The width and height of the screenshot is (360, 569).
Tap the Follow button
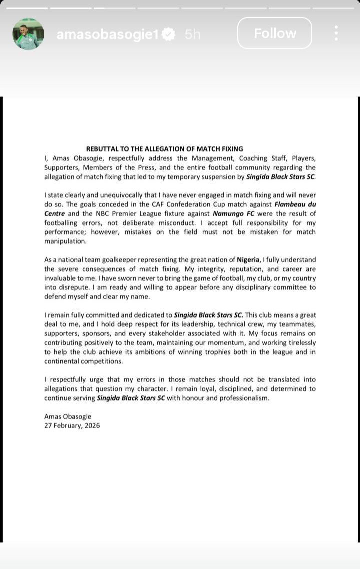pyautogui.click(x=275, y=33)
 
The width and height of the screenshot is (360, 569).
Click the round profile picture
pyautogui.click(x=28, y=34)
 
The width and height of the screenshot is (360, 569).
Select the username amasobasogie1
pyautogui.click(x=107, y=34)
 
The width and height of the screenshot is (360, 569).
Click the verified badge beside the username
pyautogui.click(x=169, y=34)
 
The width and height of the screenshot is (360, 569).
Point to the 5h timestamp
pyautogui.click(x=193, y=34)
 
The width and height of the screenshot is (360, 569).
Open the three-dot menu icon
pyautogui.click(x=336, y=33)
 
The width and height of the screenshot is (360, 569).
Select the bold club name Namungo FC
pyautogui.click(x=233, y=214)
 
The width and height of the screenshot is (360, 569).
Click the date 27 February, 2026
pyautogui.click(x=72, y=425)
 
